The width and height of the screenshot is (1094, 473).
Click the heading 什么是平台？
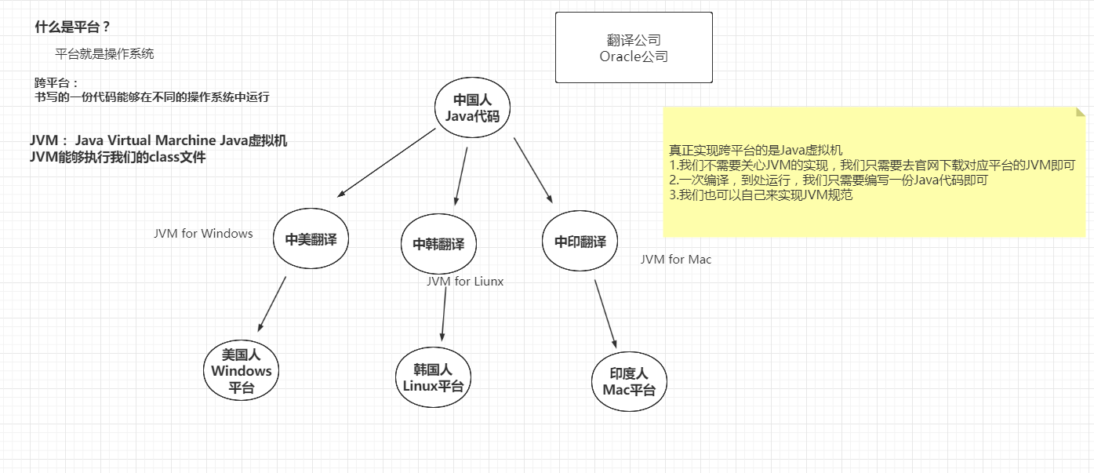point(72,27)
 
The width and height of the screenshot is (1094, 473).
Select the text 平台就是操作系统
point(104,54)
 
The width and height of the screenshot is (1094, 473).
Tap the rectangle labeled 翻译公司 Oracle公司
point(634,47)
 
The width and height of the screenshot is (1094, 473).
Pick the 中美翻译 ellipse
point(311,240)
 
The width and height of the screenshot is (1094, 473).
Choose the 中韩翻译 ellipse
point(438,244)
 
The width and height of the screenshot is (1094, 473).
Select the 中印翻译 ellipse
point(580,242)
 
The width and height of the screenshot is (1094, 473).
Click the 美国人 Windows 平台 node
point(241,371)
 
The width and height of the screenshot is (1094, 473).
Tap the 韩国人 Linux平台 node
point(433,377)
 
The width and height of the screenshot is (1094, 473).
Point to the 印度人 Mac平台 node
point(629,381)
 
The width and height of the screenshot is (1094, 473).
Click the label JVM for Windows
point(203,233)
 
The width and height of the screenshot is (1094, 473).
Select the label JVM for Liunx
point(465,282)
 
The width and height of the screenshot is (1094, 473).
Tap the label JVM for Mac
point(676,259)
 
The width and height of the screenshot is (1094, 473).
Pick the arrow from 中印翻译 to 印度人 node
point(605,314)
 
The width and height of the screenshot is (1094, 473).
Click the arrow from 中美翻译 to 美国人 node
point(272,304)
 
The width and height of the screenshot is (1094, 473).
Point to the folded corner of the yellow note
point(1081,111)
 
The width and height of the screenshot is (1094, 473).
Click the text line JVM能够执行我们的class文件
point(118,157)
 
